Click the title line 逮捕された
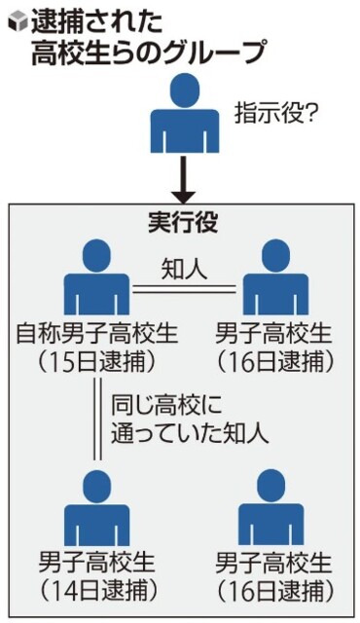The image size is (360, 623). [x=97, y=22]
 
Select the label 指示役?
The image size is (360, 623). [x=274, y=115]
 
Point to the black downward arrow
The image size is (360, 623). [x=183, y=179]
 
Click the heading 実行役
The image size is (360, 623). [x=183, y=222]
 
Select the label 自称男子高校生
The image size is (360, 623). [x=97, y=333]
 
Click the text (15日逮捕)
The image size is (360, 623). [x=97, y=361]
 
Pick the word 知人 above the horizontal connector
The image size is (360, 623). [x=184, y=271]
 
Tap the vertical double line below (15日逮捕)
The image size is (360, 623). [x=97, y=419]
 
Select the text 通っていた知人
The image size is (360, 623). [x=190, y=434]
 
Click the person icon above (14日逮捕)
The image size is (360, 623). [x=97, y=507]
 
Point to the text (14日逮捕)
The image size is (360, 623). [x=97, y=590]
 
